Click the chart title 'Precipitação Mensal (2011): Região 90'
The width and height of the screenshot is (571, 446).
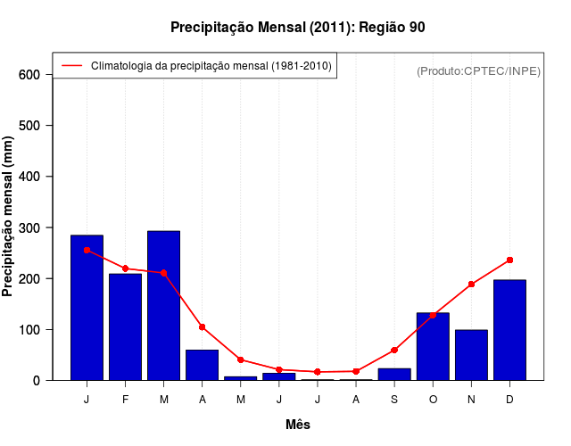[297, 28]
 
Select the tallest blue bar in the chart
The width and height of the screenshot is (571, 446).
[163, 305]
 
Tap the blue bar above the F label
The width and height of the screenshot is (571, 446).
[125, 326]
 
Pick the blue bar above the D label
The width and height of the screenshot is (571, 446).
[509, 330]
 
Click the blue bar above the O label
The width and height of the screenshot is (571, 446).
[433, 346]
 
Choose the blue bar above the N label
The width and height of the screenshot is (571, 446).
[471, 355]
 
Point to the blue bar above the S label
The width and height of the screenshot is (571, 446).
[394, 374]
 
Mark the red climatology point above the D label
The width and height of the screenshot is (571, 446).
[509, 260]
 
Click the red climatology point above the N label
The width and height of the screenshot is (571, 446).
[471, 285]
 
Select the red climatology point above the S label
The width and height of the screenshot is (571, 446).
[394, 350]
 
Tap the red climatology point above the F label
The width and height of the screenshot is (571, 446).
[125, 268]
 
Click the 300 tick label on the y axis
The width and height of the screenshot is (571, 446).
[29, 228]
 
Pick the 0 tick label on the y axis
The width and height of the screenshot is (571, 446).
[37, 381]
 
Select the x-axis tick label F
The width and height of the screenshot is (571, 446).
[125, 400]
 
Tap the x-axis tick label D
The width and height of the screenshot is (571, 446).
[509, 400]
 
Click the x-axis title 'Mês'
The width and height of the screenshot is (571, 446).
[298, 425]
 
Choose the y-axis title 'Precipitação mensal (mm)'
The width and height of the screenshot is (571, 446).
[9, 217]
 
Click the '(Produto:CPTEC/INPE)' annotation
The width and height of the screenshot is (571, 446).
[479, 70]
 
